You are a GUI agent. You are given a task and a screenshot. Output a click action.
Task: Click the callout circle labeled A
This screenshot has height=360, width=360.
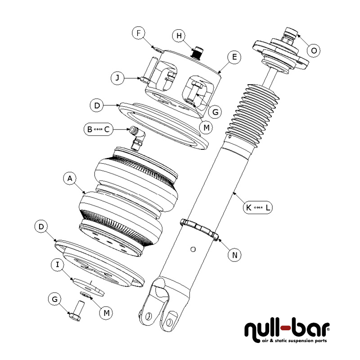tap(69, 179)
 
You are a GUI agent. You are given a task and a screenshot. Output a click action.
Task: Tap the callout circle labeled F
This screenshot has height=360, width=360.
tap(139, 33)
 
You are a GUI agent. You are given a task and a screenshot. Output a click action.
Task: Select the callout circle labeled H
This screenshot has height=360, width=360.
tap(179, 36)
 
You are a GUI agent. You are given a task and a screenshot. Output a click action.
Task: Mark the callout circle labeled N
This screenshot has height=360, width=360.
tap(234, 255)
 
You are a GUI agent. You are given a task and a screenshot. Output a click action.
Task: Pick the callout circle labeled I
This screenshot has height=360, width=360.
tap(58, 265)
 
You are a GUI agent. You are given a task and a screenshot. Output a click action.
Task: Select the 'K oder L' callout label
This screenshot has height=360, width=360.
tap(257, 208)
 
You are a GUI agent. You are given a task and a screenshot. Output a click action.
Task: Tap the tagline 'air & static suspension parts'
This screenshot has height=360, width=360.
tap(295, 341)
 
